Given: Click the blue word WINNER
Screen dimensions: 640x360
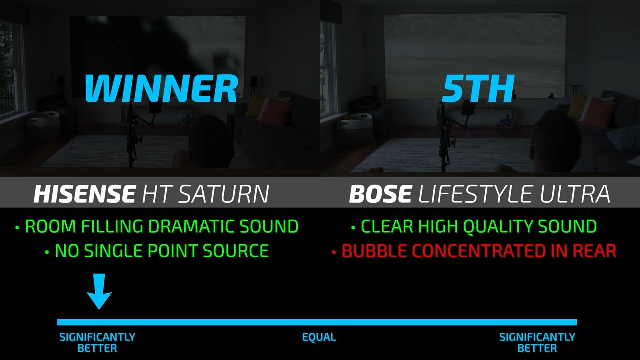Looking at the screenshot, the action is [x=161, y=88].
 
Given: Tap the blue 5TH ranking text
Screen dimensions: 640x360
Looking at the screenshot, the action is [x=478, y=88].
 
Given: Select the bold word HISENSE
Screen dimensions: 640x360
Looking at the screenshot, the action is [x=84, y=194].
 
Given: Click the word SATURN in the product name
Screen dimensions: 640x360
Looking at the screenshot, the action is [x=224, y=194].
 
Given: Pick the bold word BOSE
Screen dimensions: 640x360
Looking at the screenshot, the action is [x=380, y=194].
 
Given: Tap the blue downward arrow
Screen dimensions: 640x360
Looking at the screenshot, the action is [x=99, y=291].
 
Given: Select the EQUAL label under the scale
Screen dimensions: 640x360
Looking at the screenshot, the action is [x=319, y=337].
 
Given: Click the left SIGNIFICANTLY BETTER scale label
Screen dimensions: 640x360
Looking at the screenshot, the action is [x=97, y=343].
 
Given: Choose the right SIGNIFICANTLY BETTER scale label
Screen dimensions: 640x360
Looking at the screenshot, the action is [x=537, y=343].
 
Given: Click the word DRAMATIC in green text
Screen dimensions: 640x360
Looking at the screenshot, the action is [x=193, y=226].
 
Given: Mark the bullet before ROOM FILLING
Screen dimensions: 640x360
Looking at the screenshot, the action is [x=17, y=227].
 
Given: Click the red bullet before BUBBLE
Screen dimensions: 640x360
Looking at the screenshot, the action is [x=334, y=252].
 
